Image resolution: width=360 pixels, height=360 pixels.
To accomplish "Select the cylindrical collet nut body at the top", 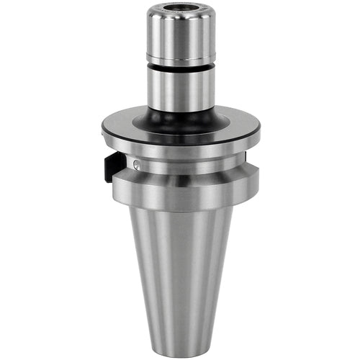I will tap(179, 32).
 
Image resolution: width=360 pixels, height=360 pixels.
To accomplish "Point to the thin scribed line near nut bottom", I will tap(179, 58).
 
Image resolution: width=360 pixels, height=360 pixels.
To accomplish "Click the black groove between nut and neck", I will tap(179, 67).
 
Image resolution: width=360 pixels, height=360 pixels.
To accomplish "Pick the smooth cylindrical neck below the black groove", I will tap(179, 90).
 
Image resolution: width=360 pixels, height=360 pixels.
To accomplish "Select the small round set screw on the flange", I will tap(138, 165).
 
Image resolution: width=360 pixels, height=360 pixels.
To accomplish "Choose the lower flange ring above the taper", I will tap(180, 189).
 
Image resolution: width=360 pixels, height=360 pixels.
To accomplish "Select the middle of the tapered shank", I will tap(180, 274).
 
